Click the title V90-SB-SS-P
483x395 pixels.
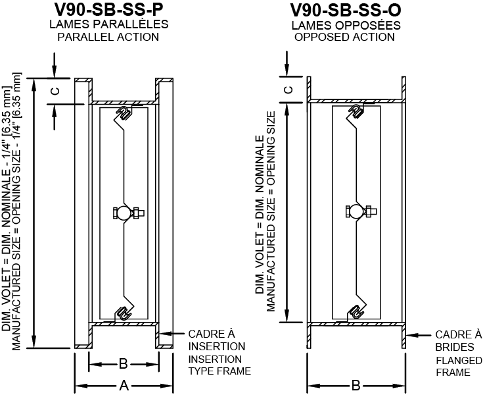[108, 11]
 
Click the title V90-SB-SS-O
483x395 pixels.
[344, 11]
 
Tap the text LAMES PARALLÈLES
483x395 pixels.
[108, 24]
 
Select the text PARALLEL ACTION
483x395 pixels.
[108, 37]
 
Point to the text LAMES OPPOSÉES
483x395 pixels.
[344, 24]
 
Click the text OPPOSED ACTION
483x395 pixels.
[344, 37]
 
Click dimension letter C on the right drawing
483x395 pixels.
[288, 90]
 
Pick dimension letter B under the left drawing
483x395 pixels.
[123, 363]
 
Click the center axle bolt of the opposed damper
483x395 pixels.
[356, 211]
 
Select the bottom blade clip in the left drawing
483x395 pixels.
[122, 313]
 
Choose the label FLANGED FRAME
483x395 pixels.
[454, 366]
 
